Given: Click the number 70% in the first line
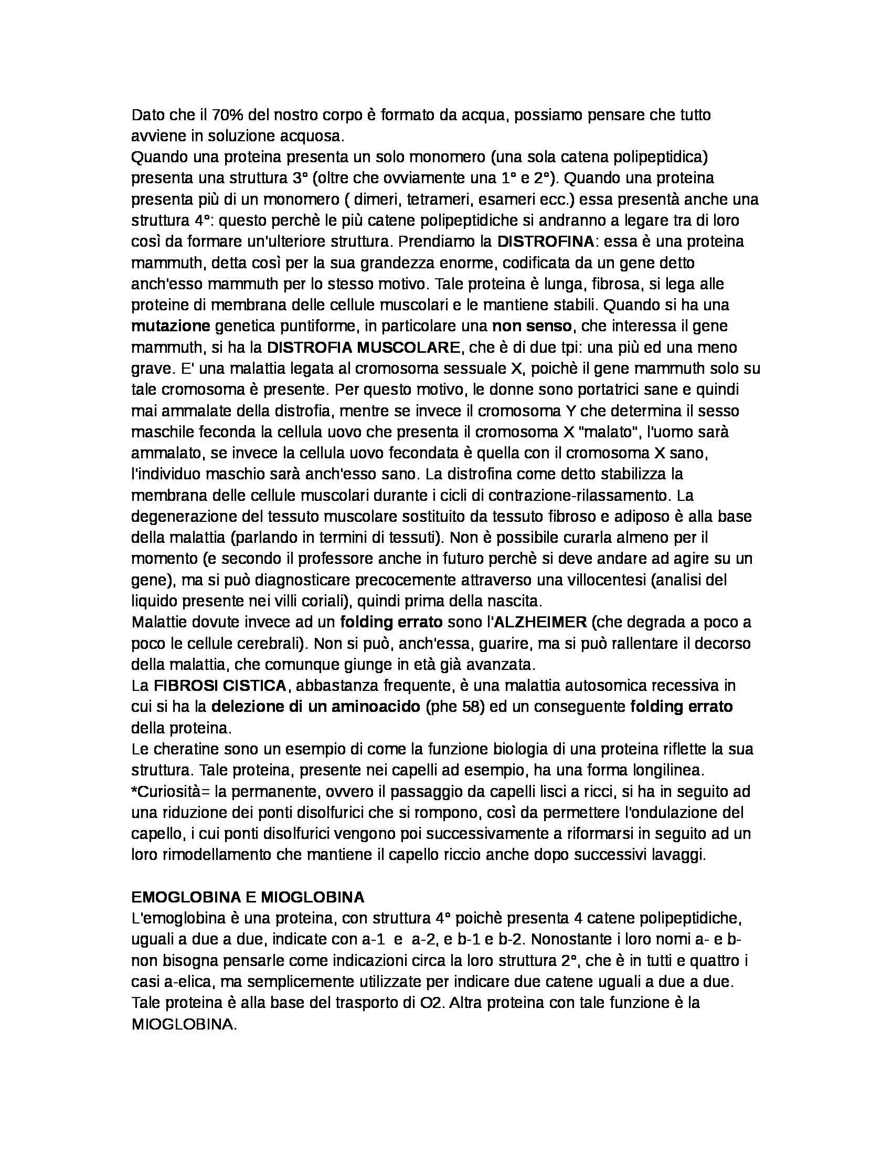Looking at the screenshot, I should (x=226, y=115).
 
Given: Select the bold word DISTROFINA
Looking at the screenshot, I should (x=546, y=241).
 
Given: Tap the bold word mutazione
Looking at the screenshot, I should (x=170, y=327).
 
